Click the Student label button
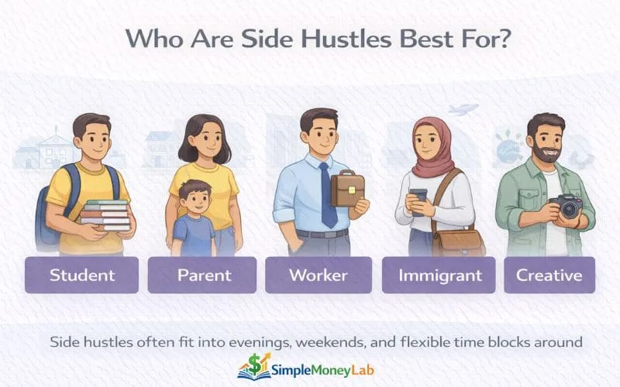[x=81, y=275]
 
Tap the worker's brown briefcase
[x=347, y=188]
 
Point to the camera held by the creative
[x=567, y=207]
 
